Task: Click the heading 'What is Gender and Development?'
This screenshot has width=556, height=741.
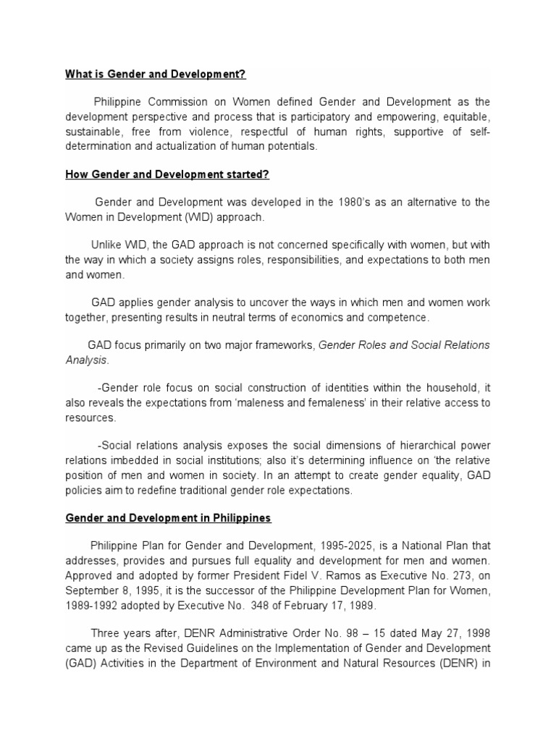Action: point(156,74)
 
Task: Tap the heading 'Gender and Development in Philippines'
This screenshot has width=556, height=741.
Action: point(168,518)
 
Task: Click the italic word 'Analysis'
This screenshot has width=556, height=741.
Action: point(86,360)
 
